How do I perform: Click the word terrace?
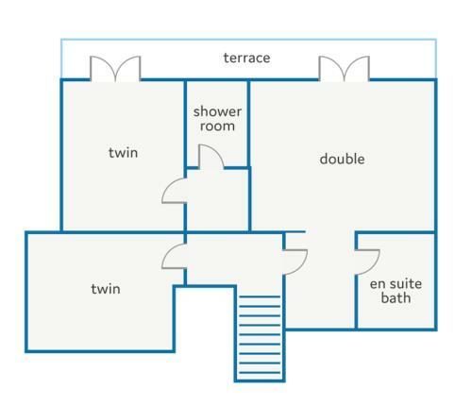(246, 58)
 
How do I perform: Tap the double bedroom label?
(342, 159)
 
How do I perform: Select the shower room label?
(217, 119)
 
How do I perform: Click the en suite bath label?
(396, 291)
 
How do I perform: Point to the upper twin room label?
(123, 153)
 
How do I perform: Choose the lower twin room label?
(106, 289)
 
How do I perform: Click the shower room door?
(211, 157)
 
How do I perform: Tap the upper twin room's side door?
(174, 191)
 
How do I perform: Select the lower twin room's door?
(174, 257)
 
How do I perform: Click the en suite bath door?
(367, 262)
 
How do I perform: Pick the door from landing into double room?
(295, 262)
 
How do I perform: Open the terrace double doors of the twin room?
(115, 69)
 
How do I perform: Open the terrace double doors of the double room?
(345, 69)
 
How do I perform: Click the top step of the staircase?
(260, 296)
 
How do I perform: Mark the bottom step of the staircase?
(260, 373)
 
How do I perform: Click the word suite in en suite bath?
(406, 284)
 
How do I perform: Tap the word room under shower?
(217, 127)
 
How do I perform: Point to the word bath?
(396, 297)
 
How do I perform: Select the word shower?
(217, 111)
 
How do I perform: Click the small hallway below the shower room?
(218, 200)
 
